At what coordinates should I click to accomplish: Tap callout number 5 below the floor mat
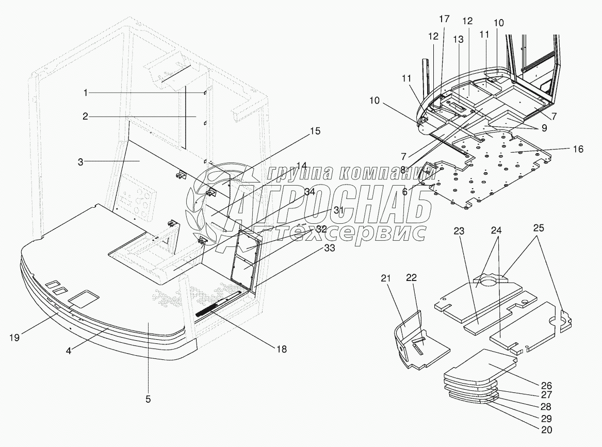coord(148,399)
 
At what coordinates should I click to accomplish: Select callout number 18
coord(281,349)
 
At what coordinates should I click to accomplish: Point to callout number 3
coord(80,161)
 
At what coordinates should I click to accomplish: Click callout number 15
coord(315,131)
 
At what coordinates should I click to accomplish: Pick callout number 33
coord(329,248)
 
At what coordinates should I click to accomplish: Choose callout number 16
coord(578,149)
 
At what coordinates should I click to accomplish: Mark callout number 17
coord(444,19)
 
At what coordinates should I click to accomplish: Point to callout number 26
coord(546,385)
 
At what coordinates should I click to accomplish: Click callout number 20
coord(546,428)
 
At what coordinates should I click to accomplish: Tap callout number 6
coord(405,191)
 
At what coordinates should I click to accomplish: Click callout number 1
coord(86,93)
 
